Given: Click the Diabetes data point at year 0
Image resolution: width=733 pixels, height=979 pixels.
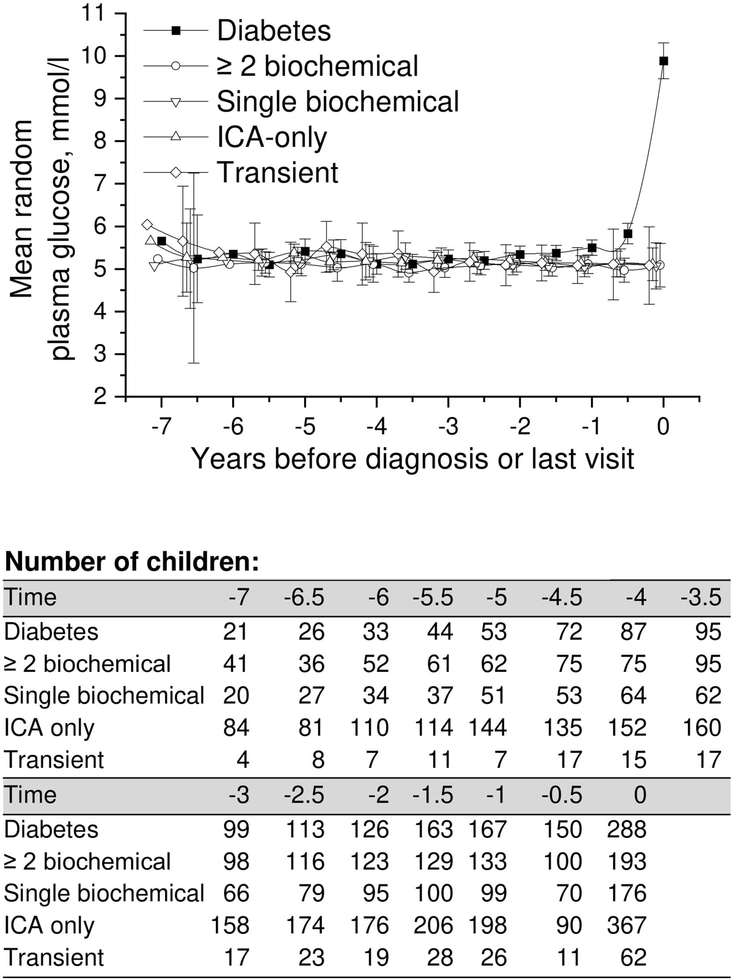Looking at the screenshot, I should coord(663,61).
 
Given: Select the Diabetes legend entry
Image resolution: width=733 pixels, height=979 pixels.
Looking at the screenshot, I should coord(274,30).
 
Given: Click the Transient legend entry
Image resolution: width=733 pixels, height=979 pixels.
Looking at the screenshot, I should coord(278,172).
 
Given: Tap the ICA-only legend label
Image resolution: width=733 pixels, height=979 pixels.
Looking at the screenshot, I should coord(272,137).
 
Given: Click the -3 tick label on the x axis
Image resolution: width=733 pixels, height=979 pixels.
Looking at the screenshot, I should coord(448,427).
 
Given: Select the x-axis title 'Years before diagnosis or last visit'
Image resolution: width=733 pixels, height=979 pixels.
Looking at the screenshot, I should coord(412,459).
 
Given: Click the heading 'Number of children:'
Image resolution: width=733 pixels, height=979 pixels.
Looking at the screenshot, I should coord(131,562).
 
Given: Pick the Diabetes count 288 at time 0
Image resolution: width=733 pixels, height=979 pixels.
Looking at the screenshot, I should coord(626,830).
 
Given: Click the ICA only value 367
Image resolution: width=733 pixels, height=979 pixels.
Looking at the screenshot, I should coord(626,926).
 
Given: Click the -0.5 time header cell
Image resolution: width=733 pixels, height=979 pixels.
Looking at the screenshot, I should coord(562,795).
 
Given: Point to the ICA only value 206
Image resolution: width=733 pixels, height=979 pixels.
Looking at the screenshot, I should coord(433,926).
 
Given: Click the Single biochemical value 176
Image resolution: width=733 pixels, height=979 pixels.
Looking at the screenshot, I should coord(626,893).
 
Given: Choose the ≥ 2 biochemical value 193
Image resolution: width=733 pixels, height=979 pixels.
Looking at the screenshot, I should coord(626,862).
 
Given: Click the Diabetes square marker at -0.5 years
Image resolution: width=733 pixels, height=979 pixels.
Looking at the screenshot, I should coord(627,234).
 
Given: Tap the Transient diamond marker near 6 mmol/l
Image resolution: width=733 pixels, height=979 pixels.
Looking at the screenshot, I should coord(147,225).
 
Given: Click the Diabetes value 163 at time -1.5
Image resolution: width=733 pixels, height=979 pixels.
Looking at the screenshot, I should coord(433,830).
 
